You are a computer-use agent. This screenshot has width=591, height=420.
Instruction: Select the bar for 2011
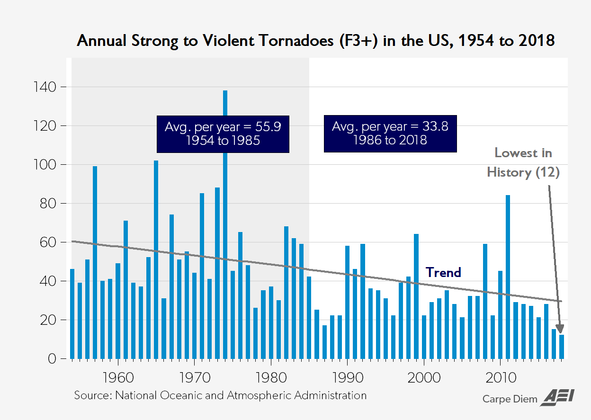508,277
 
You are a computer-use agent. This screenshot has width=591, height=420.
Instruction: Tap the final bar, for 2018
562,347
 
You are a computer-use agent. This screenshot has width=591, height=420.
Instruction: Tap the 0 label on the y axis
51,359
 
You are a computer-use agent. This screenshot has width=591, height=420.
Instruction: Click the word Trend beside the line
443,272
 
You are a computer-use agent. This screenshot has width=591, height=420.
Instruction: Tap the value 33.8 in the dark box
433,127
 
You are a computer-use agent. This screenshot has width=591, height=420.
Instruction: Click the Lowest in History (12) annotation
523,162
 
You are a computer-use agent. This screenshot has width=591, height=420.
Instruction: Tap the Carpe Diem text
510,399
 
